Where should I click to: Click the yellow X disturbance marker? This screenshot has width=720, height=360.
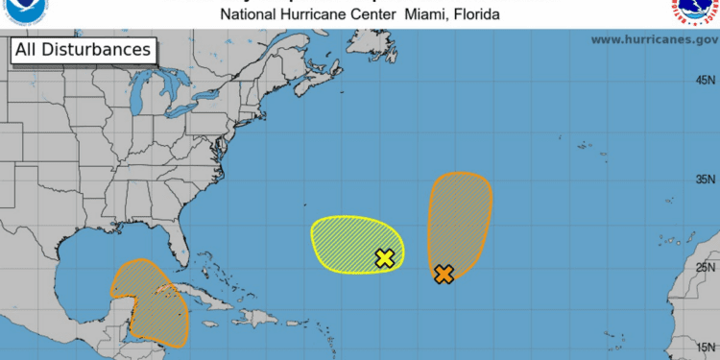[384, 257]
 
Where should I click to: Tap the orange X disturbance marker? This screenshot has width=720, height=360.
[444, 274]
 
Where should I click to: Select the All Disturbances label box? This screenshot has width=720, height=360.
[84, 49]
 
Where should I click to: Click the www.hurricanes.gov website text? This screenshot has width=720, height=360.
[655, 39]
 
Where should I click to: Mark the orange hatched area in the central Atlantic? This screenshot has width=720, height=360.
[459, 216]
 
